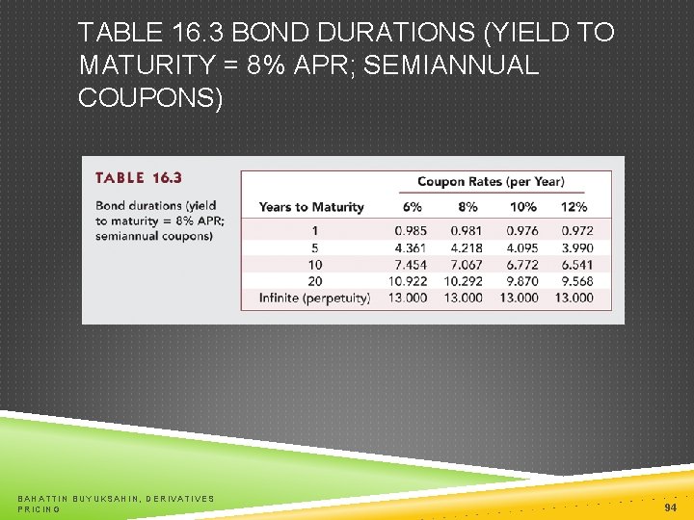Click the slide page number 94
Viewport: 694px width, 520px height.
tap(670, 507)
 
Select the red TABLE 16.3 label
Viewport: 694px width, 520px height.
tap(138, 178)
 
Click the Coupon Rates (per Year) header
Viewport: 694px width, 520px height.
tap(491, 181)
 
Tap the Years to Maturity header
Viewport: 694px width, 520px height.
tap(311, 207)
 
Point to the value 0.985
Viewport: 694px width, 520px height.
tap(412, 231)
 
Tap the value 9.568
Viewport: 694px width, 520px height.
tap(574, 281)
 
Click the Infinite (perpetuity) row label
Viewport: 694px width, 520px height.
tap(314, 298)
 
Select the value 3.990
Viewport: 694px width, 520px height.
tap(574, 247)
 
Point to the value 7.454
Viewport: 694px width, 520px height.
tap(412, 264)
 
